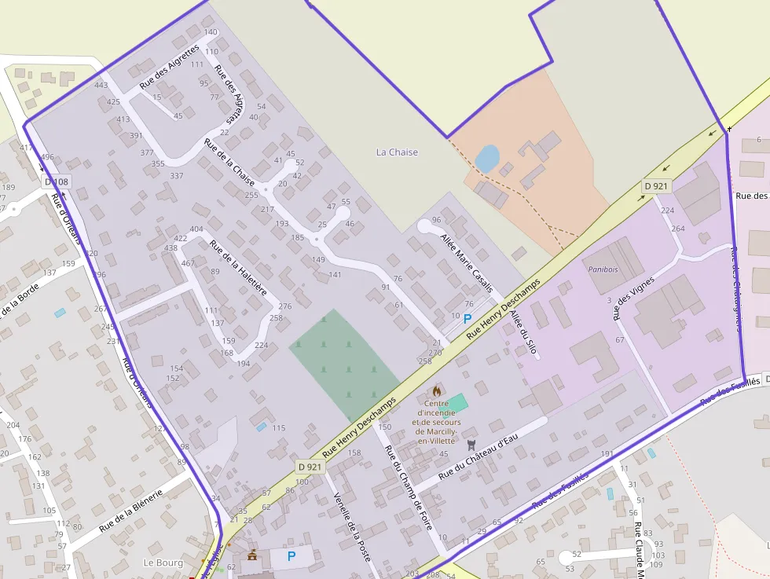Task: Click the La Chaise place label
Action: coord(397,152)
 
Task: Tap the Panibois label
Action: coord(603,269)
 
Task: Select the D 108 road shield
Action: coord(57,182)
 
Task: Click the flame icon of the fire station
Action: coord(437,390)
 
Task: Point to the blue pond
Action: coord(486,158)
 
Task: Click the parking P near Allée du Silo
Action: coord(467,319)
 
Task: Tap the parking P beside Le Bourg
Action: coord(291,556)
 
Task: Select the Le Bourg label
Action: coord(163,563)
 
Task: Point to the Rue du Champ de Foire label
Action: coord(408,488)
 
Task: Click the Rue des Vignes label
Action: coord(633,302)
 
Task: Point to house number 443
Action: coord(101,86)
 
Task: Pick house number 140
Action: coord(211,32)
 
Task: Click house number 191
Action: coord(607,454)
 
